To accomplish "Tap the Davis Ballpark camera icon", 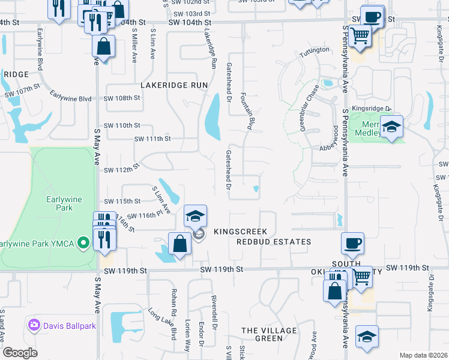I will [x=34, y=325].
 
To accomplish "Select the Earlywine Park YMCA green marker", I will [x=83, y=244].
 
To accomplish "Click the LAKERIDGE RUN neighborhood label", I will [x=173, y=85].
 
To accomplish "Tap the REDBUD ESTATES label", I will [x=273, y=242].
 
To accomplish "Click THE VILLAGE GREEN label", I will [x=269, y=334].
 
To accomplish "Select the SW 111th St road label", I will [x=152, y=139].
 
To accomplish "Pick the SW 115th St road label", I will [x=122, y=201].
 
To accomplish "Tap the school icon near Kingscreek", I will [x=195, y=216].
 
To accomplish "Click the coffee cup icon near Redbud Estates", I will [x=352, y=244].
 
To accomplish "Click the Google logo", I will [x=20, y=353].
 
